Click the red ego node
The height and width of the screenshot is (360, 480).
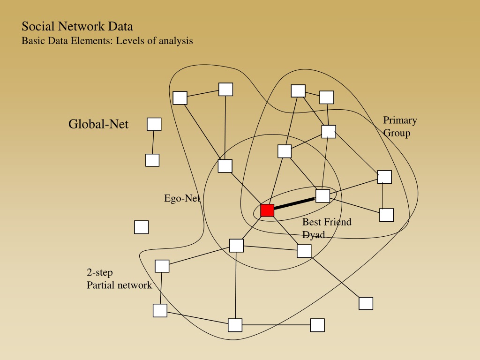[x=267, y=210]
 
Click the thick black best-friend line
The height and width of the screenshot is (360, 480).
[x=295, y=204]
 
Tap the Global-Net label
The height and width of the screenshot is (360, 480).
[x=98, y=124]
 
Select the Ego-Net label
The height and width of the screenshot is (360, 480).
[x=182, y=198]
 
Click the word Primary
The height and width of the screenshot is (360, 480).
[x=400, y=120]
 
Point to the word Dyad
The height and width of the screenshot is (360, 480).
[x=314, y=234]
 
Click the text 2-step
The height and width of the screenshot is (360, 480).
[x=100, y=272]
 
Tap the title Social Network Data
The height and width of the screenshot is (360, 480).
[x=77, y=26]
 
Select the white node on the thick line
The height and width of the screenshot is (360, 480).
[x=322, y=196]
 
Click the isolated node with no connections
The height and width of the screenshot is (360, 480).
[x=142, y=227]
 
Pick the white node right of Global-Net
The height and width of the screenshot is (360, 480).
[x=154, y=124]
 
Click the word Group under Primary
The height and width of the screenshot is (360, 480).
[x=397, y=133]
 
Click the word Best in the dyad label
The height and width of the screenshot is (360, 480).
[x=312, y=222]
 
